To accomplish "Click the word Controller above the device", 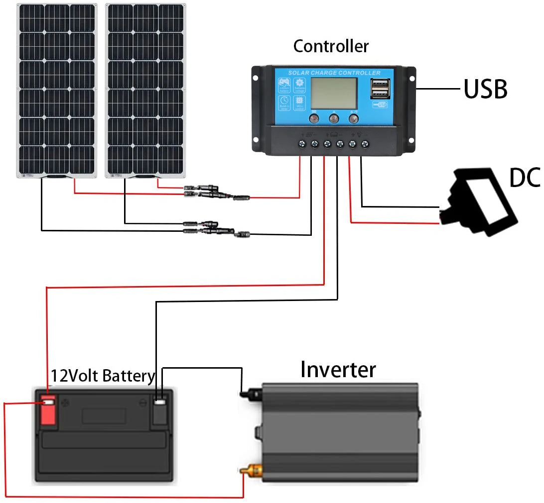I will [331, 46].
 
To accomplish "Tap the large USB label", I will [485, 90].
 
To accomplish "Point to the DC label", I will [525, 178].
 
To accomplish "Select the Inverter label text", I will [338, 370].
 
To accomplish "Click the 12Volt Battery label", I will [103, 376].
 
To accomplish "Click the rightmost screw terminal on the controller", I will [365, 144].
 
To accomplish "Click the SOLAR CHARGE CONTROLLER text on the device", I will [334, 73].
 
